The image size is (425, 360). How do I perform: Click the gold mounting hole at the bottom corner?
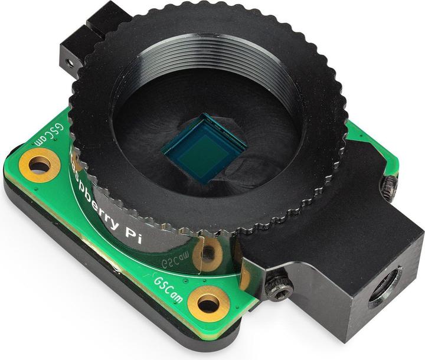[x=209, y=305]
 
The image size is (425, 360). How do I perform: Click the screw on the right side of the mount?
[x=388, y=188]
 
